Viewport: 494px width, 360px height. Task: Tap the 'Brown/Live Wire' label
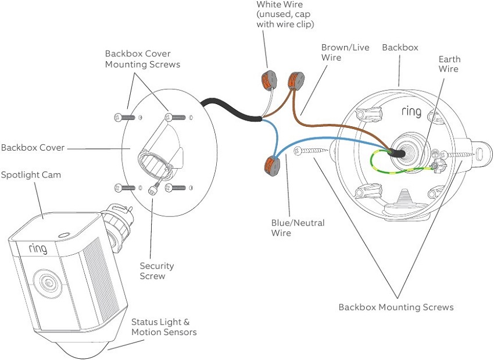345,52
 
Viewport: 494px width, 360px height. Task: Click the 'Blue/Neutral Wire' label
298,228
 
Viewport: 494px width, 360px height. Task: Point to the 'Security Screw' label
156,270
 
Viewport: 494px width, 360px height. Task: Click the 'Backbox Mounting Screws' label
396,307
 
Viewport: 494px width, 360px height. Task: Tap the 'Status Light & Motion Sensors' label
163,327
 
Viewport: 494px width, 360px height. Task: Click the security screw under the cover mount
154,189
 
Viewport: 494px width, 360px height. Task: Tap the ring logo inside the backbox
411,112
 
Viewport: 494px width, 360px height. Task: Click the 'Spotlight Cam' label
30,174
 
